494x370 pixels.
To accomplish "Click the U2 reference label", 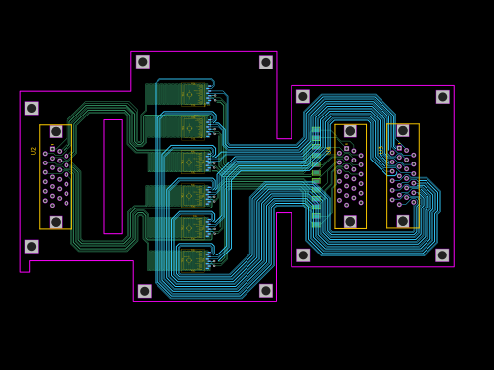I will (x=34, y=151).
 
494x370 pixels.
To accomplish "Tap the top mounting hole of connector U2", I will (x=56, y=131).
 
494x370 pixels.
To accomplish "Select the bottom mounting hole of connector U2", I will (x=56, y=222).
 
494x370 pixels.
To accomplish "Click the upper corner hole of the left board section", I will (x=32, y=108).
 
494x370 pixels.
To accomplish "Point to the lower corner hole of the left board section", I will (x=32, y=246).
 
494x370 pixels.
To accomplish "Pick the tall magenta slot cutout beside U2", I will (x=112, y=176).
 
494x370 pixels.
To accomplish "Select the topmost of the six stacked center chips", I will (x=192, y=94).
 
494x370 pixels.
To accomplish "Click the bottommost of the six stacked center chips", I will (x=192, y=260).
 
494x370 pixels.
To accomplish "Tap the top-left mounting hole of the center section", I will (x=143, y=62).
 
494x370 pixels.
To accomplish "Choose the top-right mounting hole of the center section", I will (x=266, y=62).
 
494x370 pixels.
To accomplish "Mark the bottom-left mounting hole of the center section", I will (x=145, y=291).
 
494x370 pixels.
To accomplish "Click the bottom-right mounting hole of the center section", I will (x=266, y=291).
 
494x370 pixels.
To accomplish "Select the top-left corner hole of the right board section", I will (x=303, y=96).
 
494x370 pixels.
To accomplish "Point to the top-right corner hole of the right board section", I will (x=443, y=97).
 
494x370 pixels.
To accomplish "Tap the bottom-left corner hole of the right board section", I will (x=303, y=254).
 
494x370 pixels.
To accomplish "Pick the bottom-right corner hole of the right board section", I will (x=442, y=254).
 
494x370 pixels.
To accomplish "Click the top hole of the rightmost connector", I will (x=403, y=130).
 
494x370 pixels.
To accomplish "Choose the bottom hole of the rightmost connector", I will (x=403, y=221).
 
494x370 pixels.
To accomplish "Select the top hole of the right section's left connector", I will (x=350, y=131).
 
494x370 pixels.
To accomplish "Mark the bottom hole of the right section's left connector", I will (x=350, y=221).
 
